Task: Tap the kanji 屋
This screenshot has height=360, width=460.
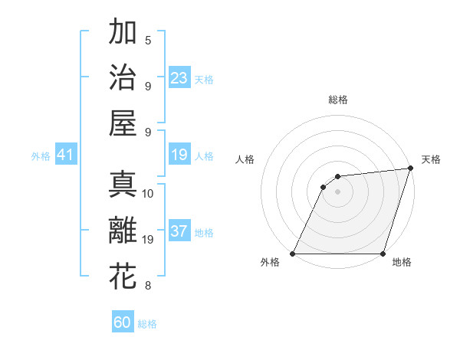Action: point(123,123)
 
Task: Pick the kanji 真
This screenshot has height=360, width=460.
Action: point(123,185)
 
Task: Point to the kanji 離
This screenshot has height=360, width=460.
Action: point(123,231)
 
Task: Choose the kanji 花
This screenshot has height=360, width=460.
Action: point(123,276)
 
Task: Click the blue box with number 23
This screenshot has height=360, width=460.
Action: point(179,78)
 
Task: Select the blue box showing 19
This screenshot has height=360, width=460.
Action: point(179,155)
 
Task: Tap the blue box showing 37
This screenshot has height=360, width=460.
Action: point(179,232)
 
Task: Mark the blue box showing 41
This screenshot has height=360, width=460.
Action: point(65,155)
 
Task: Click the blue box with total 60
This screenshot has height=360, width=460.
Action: point(123,322)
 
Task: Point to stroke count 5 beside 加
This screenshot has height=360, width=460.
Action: point(148,40)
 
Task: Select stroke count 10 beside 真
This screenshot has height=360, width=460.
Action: point(148,193)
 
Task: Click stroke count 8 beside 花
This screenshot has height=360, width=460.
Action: point(148,286)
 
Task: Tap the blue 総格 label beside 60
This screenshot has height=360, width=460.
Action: point(147,324)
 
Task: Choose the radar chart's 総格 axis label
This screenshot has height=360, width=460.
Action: point(338,100)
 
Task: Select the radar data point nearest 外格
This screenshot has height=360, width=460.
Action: point(293,254)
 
